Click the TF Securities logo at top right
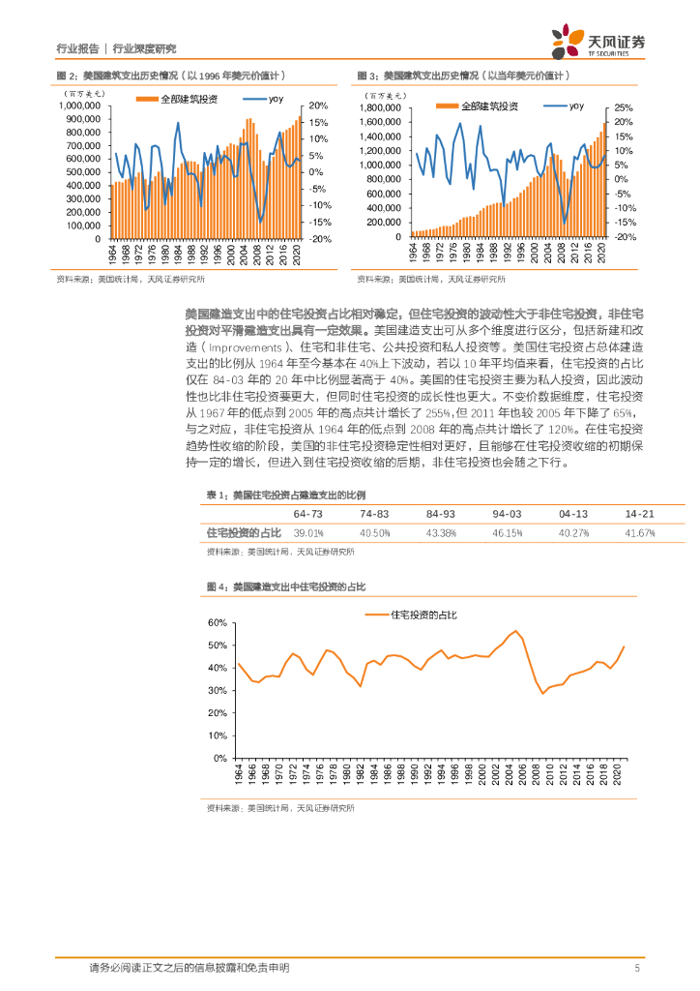point(598,42)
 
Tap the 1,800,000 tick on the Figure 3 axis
point(379,107)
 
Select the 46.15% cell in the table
point(507,533)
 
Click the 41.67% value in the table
point(639,533)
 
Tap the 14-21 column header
point(639,513)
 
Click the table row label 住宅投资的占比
point(244,533)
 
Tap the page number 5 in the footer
point(637,967)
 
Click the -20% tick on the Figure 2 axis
point(320,239)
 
